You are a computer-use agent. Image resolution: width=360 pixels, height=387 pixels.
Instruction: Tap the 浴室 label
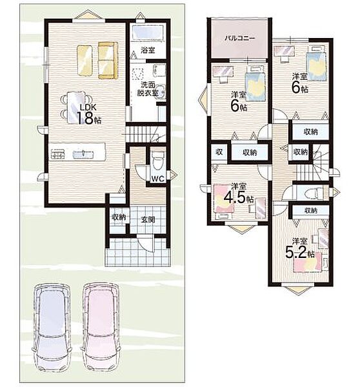click(x=148, y=50)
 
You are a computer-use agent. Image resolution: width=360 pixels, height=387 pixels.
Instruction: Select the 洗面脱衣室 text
click(x=148, y=89)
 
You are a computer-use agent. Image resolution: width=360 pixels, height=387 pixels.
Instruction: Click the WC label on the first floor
click(x=158, y=179)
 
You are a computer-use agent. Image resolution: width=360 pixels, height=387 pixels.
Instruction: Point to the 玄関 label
click(x=148, y=220)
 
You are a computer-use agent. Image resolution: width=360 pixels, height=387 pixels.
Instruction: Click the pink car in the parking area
click(x=101, y=327)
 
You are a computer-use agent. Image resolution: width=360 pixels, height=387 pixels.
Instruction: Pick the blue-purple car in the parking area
click(x=52, y=327)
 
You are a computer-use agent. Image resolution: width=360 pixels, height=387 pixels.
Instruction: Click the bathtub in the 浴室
click(x=148, y=32)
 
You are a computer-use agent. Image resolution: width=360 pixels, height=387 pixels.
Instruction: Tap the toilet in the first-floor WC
click(x=158, y=159)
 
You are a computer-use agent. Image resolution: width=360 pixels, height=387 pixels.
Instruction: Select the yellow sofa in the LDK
click(x=108, y=61)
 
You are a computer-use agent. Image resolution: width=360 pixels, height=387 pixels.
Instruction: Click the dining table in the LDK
click(x=77, y=107)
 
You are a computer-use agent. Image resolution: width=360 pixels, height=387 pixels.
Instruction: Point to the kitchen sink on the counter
click(x=83, y=154)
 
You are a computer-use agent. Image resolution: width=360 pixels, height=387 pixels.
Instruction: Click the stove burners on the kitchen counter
click(x=58, y=154)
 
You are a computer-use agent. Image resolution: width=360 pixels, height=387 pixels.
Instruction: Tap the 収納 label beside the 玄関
click(x=119, y=217)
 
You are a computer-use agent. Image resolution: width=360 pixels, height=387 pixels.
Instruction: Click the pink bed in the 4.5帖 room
click(x=223, y=199)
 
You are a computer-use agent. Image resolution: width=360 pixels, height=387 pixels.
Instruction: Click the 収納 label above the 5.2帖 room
click(x=311, y=210)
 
